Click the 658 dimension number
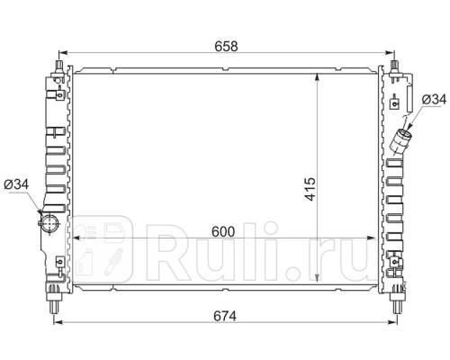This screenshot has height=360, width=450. [x=226, y=47]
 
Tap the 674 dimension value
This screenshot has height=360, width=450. [x=225, y=316]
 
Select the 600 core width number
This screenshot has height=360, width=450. [x=223, y=231]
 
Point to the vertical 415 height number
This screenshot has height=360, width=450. [x=310, y=189]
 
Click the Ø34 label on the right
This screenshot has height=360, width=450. [x=434, y=99]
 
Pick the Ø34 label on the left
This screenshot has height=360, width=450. [x=16, y=184]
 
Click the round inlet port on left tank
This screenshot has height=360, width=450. [x=49, y=223]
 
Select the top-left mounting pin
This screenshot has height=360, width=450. [x=58, y=67]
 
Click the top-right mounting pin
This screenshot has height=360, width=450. [x=395, y=67]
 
